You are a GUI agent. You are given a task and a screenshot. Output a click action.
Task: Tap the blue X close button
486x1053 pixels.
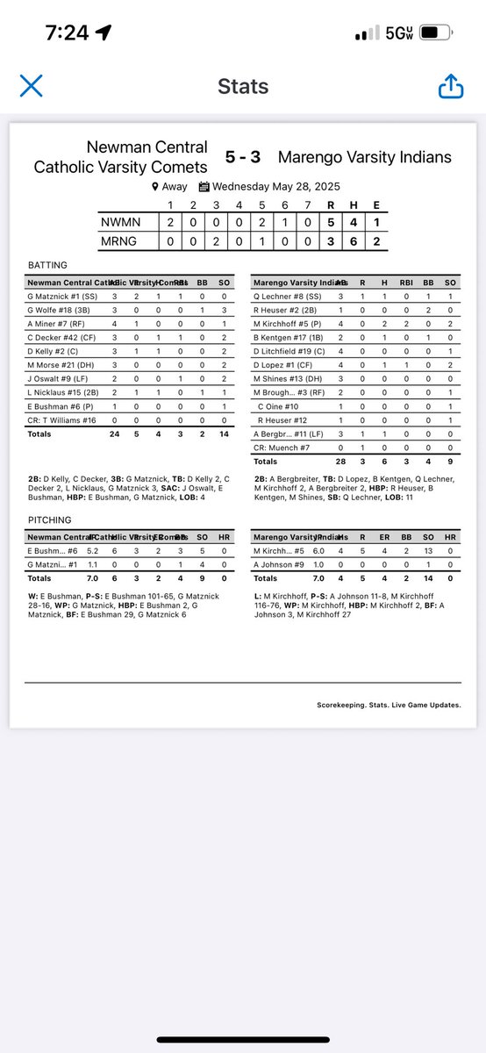pyautogui.click(x=31, y=85)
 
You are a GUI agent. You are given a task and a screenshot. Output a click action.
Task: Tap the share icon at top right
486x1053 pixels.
pyautogui.click(x=450, y=85)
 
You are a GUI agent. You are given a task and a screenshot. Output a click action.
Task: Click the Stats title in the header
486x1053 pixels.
pyautogui.click(x=243, y=86)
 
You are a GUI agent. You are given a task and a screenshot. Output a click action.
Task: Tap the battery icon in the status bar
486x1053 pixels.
pyautogui.click(x=435, y=32)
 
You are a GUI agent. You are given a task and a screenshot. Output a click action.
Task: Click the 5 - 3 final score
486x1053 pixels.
pyautogui.click(x=243, y=157)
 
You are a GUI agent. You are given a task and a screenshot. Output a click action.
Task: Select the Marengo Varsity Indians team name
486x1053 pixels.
pyautogui.click(x=364, y=157)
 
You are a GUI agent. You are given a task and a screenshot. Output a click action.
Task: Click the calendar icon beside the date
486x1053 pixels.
pyautogui.click(x=204, y=186)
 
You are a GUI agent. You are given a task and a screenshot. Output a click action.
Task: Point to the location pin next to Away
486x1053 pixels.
pyautogui.click(x=155, y=186)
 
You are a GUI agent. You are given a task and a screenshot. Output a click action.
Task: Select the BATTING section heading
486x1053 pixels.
pyautogui.click(x=47, y=264)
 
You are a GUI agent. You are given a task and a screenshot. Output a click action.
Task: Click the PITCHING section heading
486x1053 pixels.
pyautogui.click(x=50, y=519)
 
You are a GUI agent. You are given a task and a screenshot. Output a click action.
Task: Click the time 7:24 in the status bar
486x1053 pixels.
pyautogui.click(x=66, y=32)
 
